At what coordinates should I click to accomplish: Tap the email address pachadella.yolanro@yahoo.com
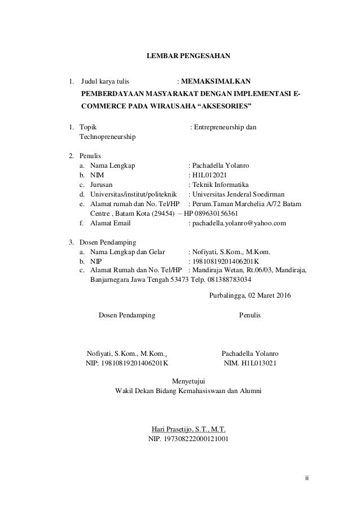(239, 223)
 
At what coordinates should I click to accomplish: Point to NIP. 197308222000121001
(188, 439)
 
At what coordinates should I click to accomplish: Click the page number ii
(307, 479)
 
